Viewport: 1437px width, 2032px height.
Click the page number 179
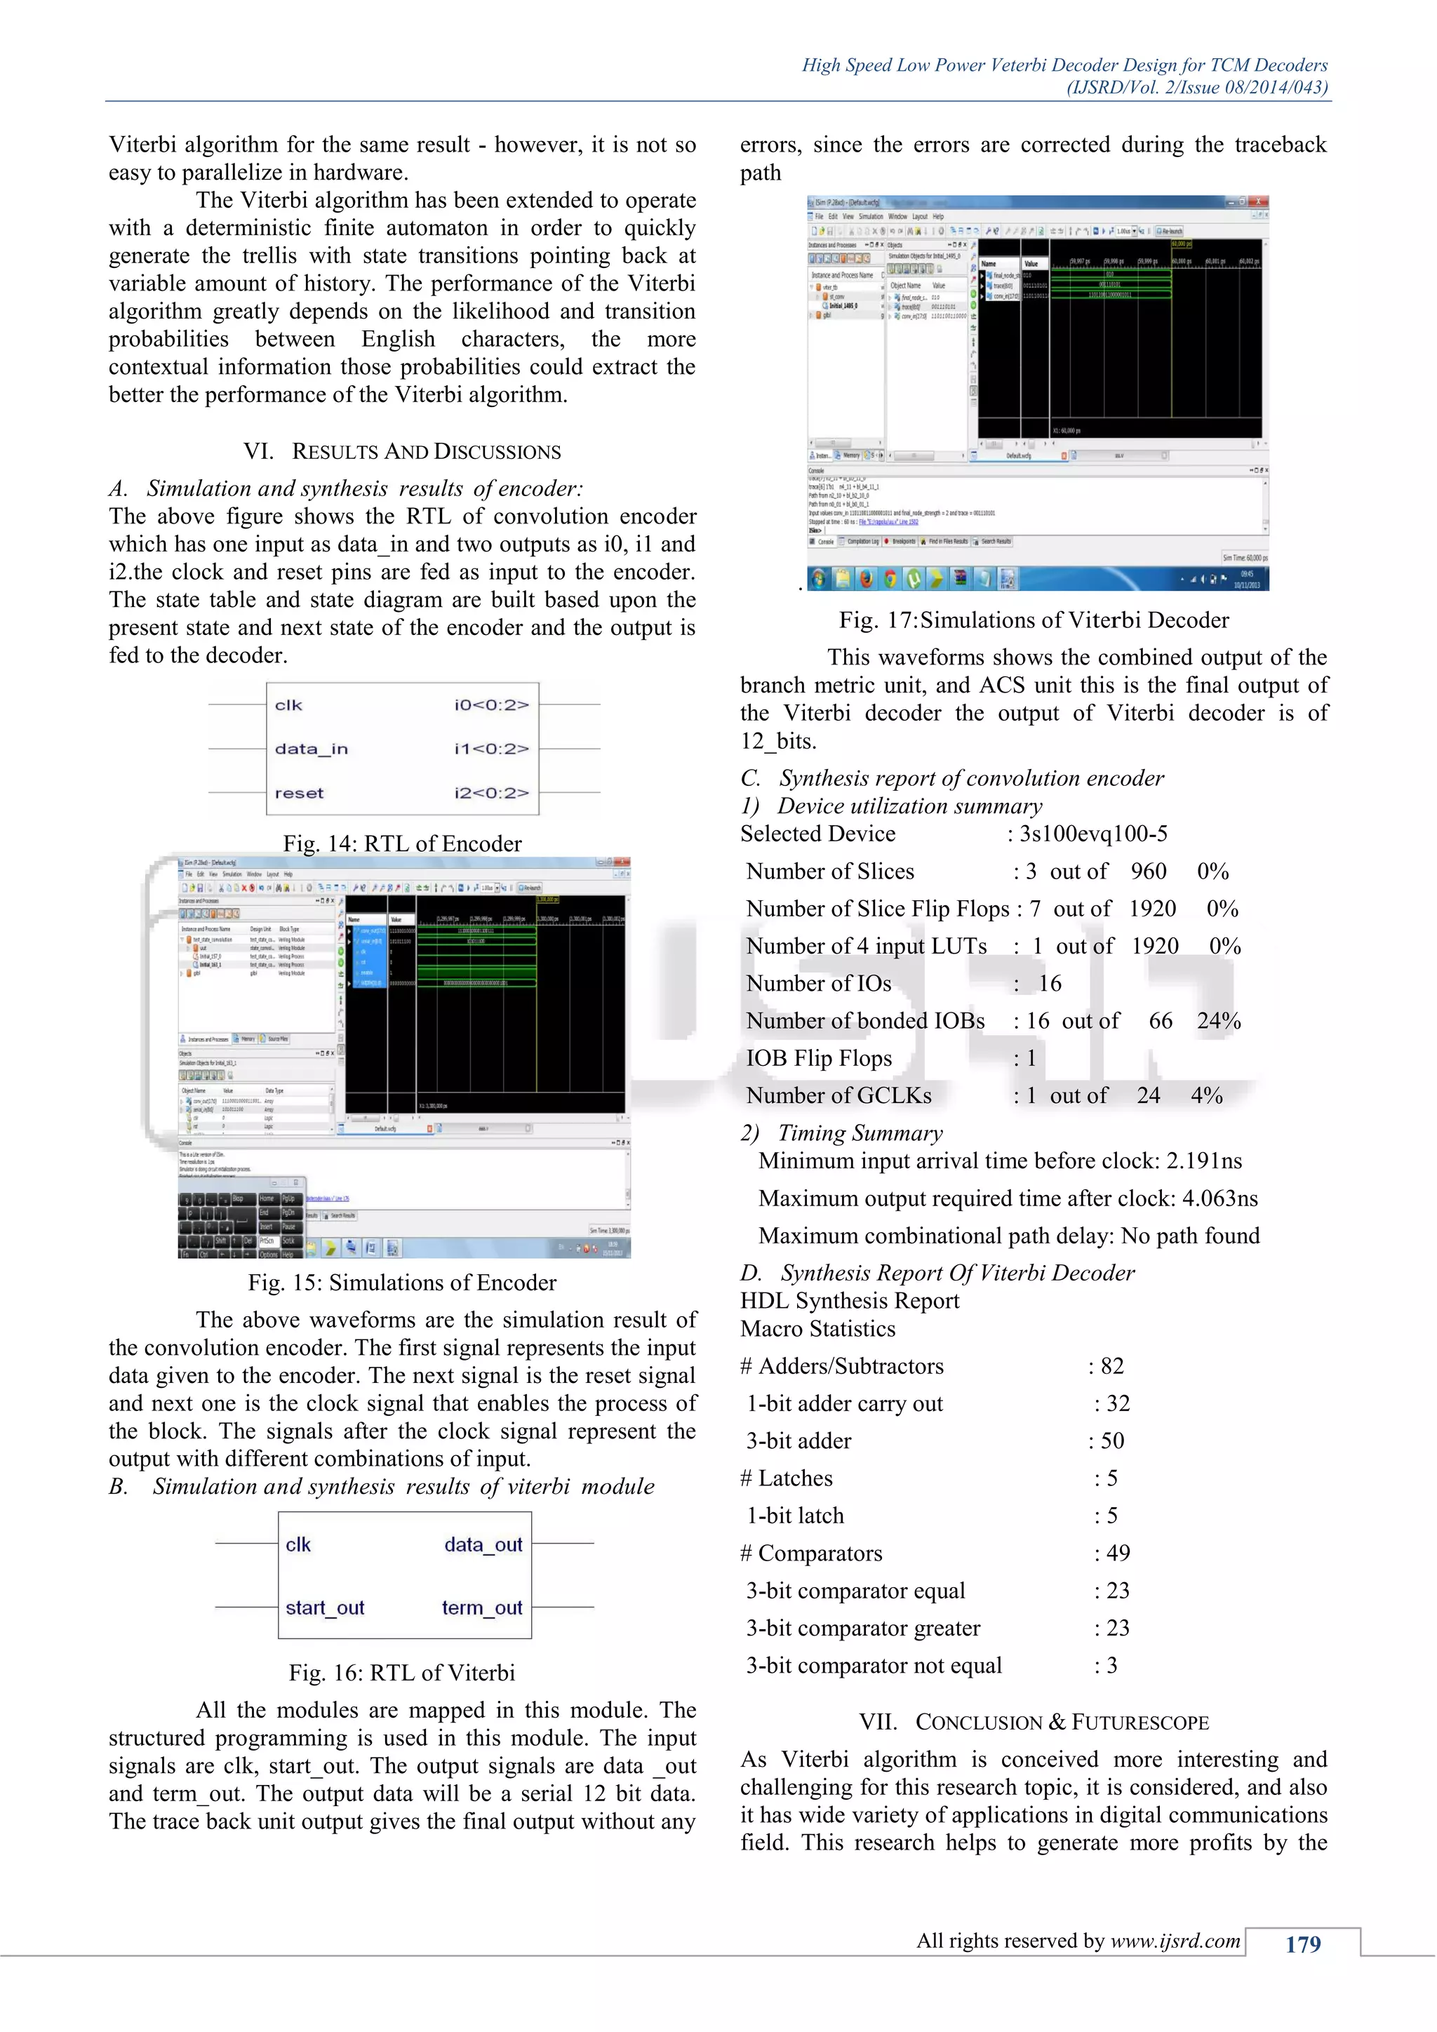[x=1302, y=1944]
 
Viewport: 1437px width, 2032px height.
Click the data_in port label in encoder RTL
[x=311, y=749]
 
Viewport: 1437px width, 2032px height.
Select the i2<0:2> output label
[x=491, y=793]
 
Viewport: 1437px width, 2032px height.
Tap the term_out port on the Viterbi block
[x=482, y=1607]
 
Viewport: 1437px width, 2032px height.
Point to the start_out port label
[x=325, y=1607]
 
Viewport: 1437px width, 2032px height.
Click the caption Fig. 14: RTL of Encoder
[x=402, y=843]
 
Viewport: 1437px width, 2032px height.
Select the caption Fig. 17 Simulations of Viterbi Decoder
[x=1034, y=620]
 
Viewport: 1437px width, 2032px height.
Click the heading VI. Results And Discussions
[x=402, y=451]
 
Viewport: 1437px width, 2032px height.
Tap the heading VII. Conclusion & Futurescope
[x=1034, y=1723]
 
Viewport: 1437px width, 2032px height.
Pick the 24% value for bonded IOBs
[x=1219, y=1022]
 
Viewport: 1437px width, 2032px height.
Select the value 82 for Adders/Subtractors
[x=1111, y=1366]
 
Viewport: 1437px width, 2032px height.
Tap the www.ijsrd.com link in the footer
[x=1175, y=1941]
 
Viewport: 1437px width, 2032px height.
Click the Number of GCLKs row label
[x=838, y=1096]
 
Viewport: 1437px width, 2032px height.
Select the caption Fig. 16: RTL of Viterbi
[x=402, y=1673]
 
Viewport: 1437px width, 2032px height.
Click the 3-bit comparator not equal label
[x=874, y=1666]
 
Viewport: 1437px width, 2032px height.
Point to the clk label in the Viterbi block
[x=298, y=1544]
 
